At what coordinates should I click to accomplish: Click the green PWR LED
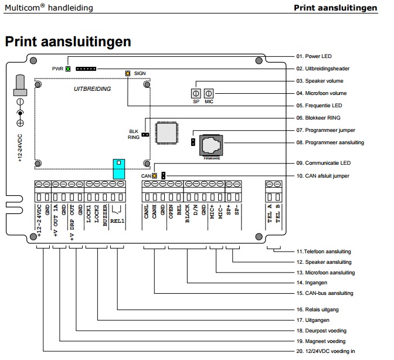(68, 69)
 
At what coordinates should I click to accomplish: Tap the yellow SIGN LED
(127, 73)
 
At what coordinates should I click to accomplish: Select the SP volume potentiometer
(196, 93)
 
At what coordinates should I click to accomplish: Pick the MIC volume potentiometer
(209, 93)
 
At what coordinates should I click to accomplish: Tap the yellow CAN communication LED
(155, 175)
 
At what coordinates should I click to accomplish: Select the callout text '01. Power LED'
(314, 56)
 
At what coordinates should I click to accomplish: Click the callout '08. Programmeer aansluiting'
(330, 142)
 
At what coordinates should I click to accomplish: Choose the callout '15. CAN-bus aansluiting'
(325, 293)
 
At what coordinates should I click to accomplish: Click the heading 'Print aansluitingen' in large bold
(67, 42)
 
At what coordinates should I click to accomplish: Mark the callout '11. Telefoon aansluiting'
(325, 252)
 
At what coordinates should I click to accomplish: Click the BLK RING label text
(134, 134)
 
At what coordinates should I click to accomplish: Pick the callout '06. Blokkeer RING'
(318, 118)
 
